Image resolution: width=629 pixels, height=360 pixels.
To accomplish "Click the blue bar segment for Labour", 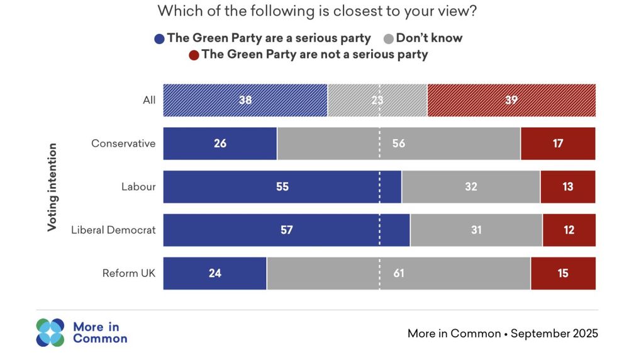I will coord(282,187).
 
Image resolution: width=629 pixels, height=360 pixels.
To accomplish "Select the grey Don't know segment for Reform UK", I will coord(398,273).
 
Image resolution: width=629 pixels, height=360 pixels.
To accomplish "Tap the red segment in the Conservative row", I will coord(557,143).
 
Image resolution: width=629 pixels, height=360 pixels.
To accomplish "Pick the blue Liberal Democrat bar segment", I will coord(286,230).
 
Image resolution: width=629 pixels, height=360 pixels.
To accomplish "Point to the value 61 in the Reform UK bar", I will coord(398,273).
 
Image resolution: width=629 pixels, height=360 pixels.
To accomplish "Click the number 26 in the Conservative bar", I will coord(220,143).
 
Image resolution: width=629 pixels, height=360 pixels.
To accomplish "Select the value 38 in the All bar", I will coord(245,100).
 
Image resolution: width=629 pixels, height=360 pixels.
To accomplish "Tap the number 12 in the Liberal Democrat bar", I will coord(569,230).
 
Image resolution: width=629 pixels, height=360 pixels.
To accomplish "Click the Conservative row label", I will coord(123,143).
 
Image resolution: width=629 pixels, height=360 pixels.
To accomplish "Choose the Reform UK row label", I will coord(129,273).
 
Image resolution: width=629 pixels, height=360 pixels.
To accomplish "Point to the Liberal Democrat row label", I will coord(113,230).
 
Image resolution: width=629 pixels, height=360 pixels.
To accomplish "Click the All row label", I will coord(149,100).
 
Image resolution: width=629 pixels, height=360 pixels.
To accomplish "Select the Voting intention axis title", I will coord(53,187).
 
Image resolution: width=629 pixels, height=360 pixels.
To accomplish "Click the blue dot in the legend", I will coord(159,38).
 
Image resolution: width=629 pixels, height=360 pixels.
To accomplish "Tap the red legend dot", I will coord(194,55).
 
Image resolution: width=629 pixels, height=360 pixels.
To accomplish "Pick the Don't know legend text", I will coord(429,38).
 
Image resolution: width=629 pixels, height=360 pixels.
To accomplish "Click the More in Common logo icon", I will coord(50,332).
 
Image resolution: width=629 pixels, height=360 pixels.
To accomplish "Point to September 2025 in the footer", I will coord(554,333).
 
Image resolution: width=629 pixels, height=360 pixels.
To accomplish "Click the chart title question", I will coord(316,11).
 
